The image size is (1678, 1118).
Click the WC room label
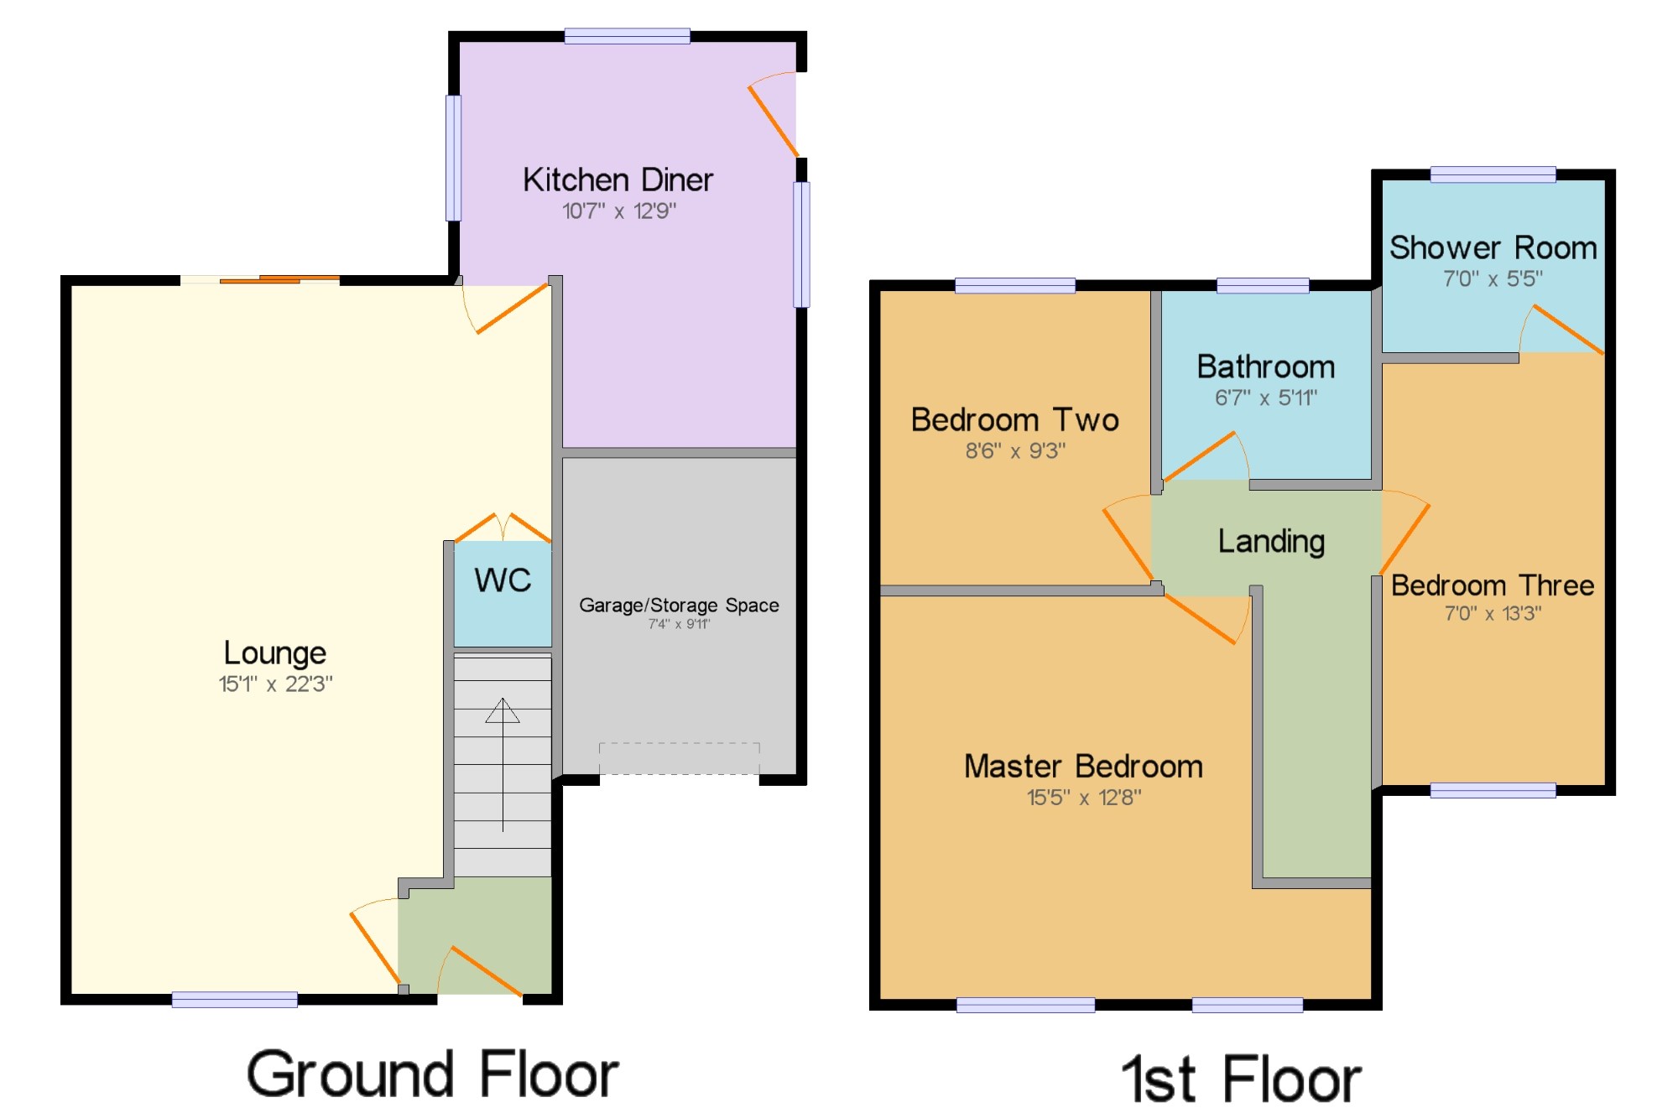click(503, 580)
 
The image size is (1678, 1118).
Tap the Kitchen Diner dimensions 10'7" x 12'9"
click(619, 211)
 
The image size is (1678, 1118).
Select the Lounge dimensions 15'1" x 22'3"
click(275, 684)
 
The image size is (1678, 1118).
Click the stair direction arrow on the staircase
click(503, 764)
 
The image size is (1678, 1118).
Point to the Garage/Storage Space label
click(679, 605)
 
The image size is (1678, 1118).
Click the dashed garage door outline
click(680, 758)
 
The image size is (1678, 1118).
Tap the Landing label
click(1271, 542)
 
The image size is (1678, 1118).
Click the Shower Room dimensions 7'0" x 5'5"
click(1493, 278)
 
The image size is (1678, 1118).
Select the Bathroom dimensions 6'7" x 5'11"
click(1266, 398)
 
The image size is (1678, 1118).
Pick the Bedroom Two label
click(1015, 419)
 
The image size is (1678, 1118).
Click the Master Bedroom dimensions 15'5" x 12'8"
click(1084, 797)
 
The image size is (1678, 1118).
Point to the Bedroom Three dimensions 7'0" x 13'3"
click(1493, 613)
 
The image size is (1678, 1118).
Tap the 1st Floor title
click(1242, 1079)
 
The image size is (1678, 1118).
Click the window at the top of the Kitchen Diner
click(628, 35)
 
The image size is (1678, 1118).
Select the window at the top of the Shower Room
click(1493, 174)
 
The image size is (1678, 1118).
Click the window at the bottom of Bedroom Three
click(1493, 790)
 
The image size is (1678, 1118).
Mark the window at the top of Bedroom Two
click(1015, 285)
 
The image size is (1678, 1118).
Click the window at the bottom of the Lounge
click(235, 999)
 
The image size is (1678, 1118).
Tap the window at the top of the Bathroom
click(1263, 285)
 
